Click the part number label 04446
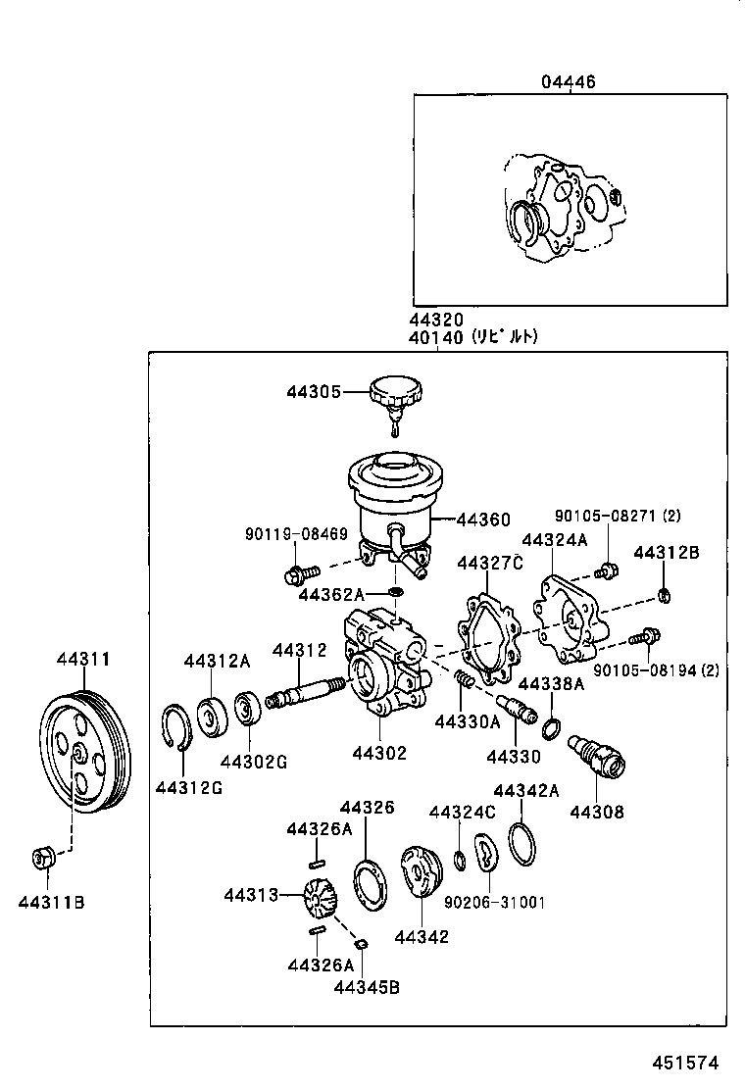pos(568,82)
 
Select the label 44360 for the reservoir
pos(482,520)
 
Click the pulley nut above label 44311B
pos(42,858)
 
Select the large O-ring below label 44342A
pos(523,844)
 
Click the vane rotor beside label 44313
pos(321,895)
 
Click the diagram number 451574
pos(686,1063)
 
